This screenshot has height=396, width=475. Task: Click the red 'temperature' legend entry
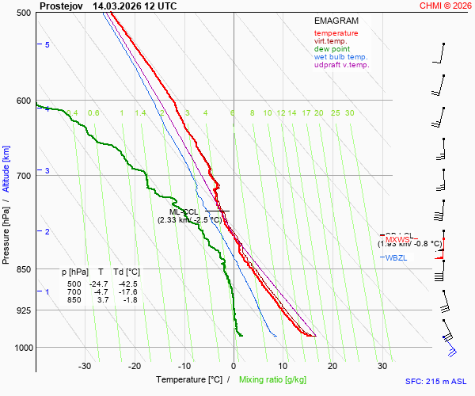coord(336,33)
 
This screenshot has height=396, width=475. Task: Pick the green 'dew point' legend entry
coord(332,49)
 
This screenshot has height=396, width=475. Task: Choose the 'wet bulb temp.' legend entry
coord(340,57)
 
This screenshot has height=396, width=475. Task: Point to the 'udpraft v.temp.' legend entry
coord(341,65)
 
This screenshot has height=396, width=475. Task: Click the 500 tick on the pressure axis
coord(24,13)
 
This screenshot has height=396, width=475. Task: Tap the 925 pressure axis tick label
coord(24,310)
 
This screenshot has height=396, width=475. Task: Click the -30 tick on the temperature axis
coord(85,366)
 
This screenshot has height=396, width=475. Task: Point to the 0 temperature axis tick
coord(234,366)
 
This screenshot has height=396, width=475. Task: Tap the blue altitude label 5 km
coord(47,45)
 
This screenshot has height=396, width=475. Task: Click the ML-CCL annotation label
coord(184,211)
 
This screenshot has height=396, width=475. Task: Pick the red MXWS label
coord(398,239)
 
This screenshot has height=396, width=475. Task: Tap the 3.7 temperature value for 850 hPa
coord(102,299)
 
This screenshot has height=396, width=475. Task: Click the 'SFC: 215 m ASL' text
coord(436,381)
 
